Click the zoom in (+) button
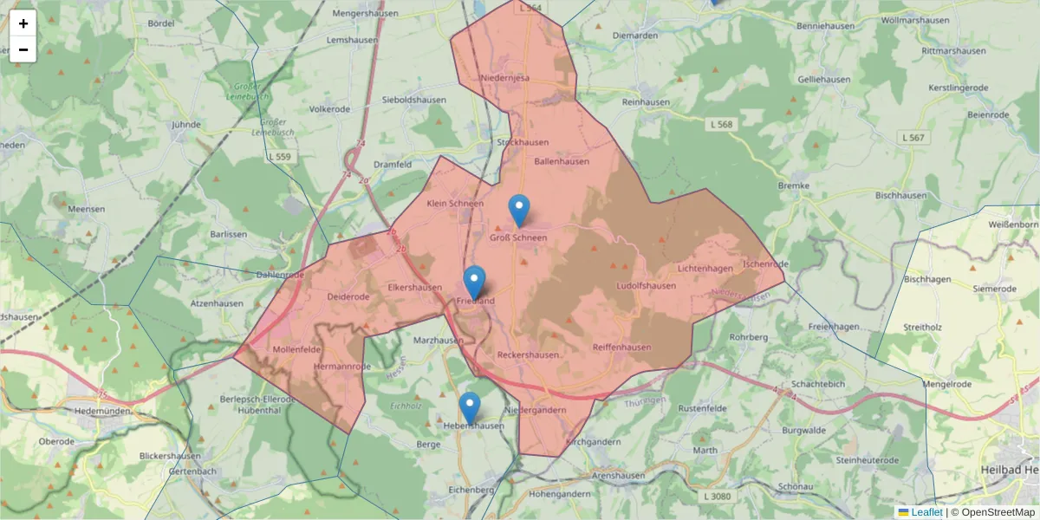click(23, 23)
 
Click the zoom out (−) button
click(23, 49)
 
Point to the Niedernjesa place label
click(504, 78)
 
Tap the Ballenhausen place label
click(562, 161)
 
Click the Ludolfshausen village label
click(646, 286)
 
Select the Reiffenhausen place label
click(621, 348)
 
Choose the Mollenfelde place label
click(297, 349)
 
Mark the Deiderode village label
click(348, 296)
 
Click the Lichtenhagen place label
click(705, 270)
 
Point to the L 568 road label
click(719, 125)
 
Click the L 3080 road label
click(718, 496)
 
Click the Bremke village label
click(794, 185)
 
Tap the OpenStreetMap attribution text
click(998, 512)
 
